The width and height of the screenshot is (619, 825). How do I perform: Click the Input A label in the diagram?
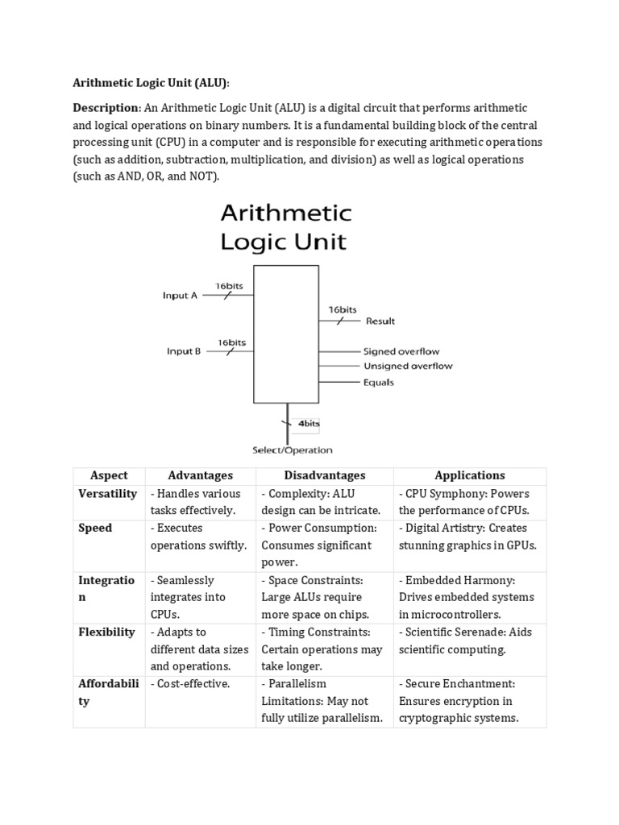(x=180, y=296)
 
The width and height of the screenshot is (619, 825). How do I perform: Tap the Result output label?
(x=380, y=321)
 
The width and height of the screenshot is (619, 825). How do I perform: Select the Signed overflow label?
(x=401, y=351)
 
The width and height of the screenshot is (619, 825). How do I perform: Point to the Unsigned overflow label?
(x=408, y=366)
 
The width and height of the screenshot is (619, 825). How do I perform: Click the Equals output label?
(x=379, y=382)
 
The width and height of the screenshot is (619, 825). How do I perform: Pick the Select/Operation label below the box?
(x=293, y=450)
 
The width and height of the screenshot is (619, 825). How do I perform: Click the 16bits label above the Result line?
(x=343, y=309)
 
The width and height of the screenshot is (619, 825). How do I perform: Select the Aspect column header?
(x=109, y=475)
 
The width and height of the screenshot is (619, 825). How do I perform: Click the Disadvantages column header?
(x=324, y=475)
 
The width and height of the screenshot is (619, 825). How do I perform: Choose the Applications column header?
(x=470, y=475)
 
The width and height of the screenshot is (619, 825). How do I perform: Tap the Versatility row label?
(x=107, y=493)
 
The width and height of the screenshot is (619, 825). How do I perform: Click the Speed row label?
(x=95, y=528)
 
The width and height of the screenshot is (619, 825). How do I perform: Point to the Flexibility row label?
(x=106, y=632)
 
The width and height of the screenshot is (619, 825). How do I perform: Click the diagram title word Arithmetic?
(x=286, y=214)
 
